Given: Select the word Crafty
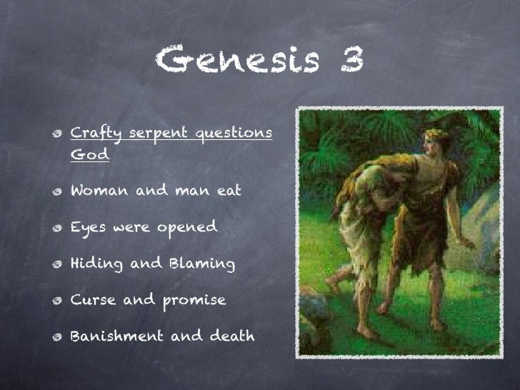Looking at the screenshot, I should (95, 134).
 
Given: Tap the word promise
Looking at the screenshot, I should (191, 301).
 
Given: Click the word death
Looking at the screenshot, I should (229, 336).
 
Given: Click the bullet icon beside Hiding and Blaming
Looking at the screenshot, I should (55, 265).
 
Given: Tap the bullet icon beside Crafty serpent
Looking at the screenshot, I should (55, 134).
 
